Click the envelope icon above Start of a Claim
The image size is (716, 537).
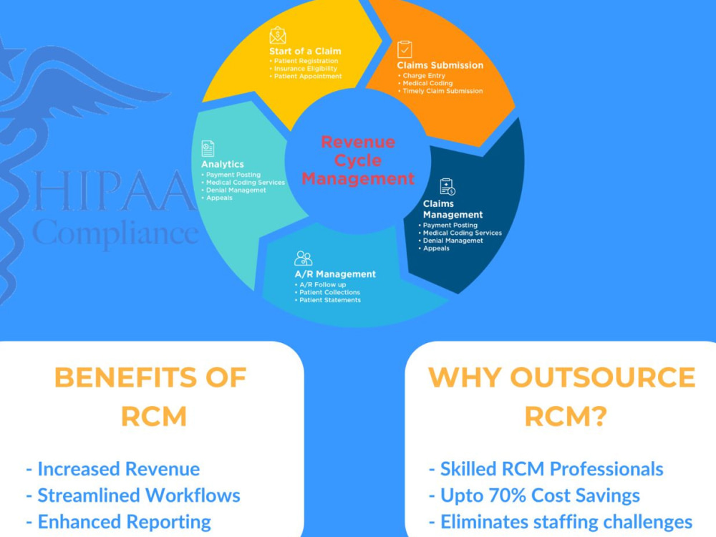click(x=278, y=35)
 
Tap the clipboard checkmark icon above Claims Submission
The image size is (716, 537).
click(x=405, y=49)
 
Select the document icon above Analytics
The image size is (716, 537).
click(x=208, y=148)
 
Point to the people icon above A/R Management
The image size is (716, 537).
click(x=303, y=258)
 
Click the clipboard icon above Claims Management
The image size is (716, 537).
click(x=447, y=187)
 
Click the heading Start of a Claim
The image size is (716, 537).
click(x=305, y=51)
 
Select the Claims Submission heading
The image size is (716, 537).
click(x=440, y=65)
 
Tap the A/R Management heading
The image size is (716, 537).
click(x=335, y=274)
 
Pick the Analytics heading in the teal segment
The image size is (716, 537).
click(x=223, y=164)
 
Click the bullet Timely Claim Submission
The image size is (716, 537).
click(x=440, y=91)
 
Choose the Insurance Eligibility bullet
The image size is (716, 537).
click(x=303, y=69)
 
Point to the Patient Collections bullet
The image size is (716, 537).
click(x=327, y=292)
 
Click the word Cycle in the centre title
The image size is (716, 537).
click(x=358, y=160)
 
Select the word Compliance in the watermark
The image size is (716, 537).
click(x=116, y=233)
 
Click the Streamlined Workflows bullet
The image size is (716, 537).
click(x=133, y=495)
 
